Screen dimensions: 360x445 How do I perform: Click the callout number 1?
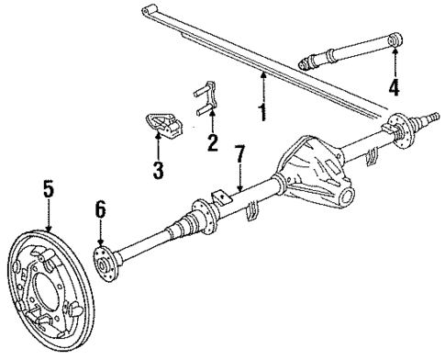[x=263, y=114]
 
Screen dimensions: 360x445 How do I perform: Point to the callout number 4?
[x=395, y=88]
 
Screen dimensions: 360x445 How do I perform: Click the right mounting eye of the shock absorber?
[x=395, y=40]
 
